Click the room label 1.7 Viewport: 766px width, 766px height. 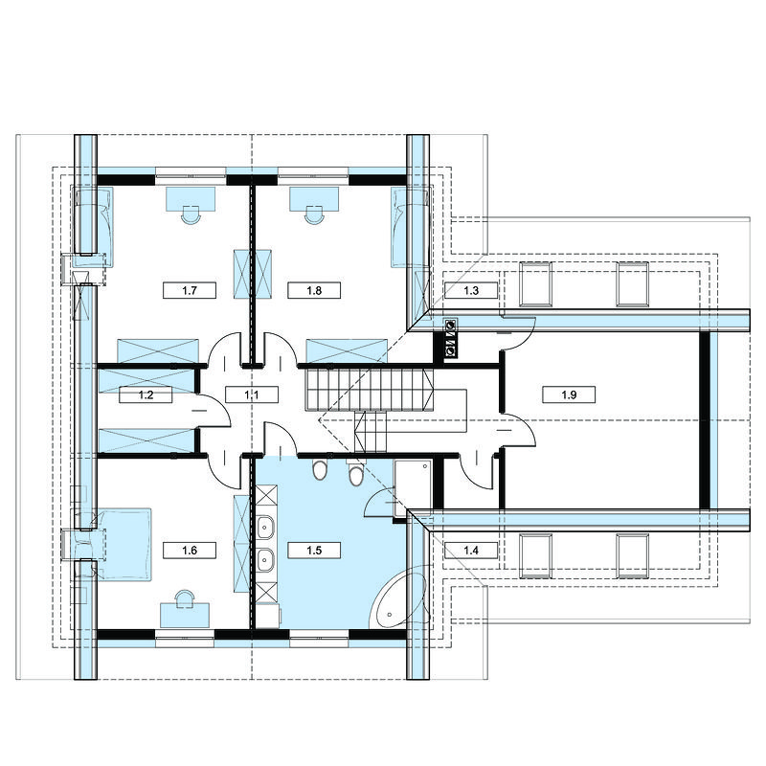tap(190, 291)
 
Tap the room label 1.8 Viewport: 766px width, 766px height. tap(314, 291)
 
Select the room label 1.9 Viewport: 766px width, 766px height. tap(569, 394)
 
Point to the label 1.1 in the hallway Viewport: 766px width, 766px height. tap(252, 394)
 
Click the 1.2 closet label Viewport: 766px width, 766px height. tap(146, 394)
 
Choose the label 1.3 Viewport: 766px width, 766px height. tap(471, 291)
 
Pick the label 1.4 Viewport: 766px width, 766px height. tap(471, 551)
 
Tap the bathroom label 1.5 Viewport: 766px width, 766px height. tap(314, 551)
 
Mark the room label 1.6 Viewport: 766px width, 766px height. tap(190, 551)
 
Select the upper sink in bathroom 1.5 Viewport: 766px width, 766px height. tap(265, 528)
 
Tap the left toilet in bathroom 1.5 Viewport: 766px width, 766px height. tap(320, 469)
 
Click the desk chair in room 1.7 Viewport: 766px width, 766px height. tap(191, 214)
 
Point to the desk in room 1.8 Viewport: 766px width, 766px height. tap(314, 199)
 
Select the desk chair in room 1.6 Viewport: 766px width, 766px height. tap(185, 599)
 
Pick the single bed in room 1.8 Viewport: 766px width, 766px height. tap(410, 228)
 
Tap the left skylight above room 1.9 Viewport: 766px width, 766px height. tap(535, 283)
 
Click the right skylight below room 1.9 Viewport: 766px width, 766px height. tap(633, 556)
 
